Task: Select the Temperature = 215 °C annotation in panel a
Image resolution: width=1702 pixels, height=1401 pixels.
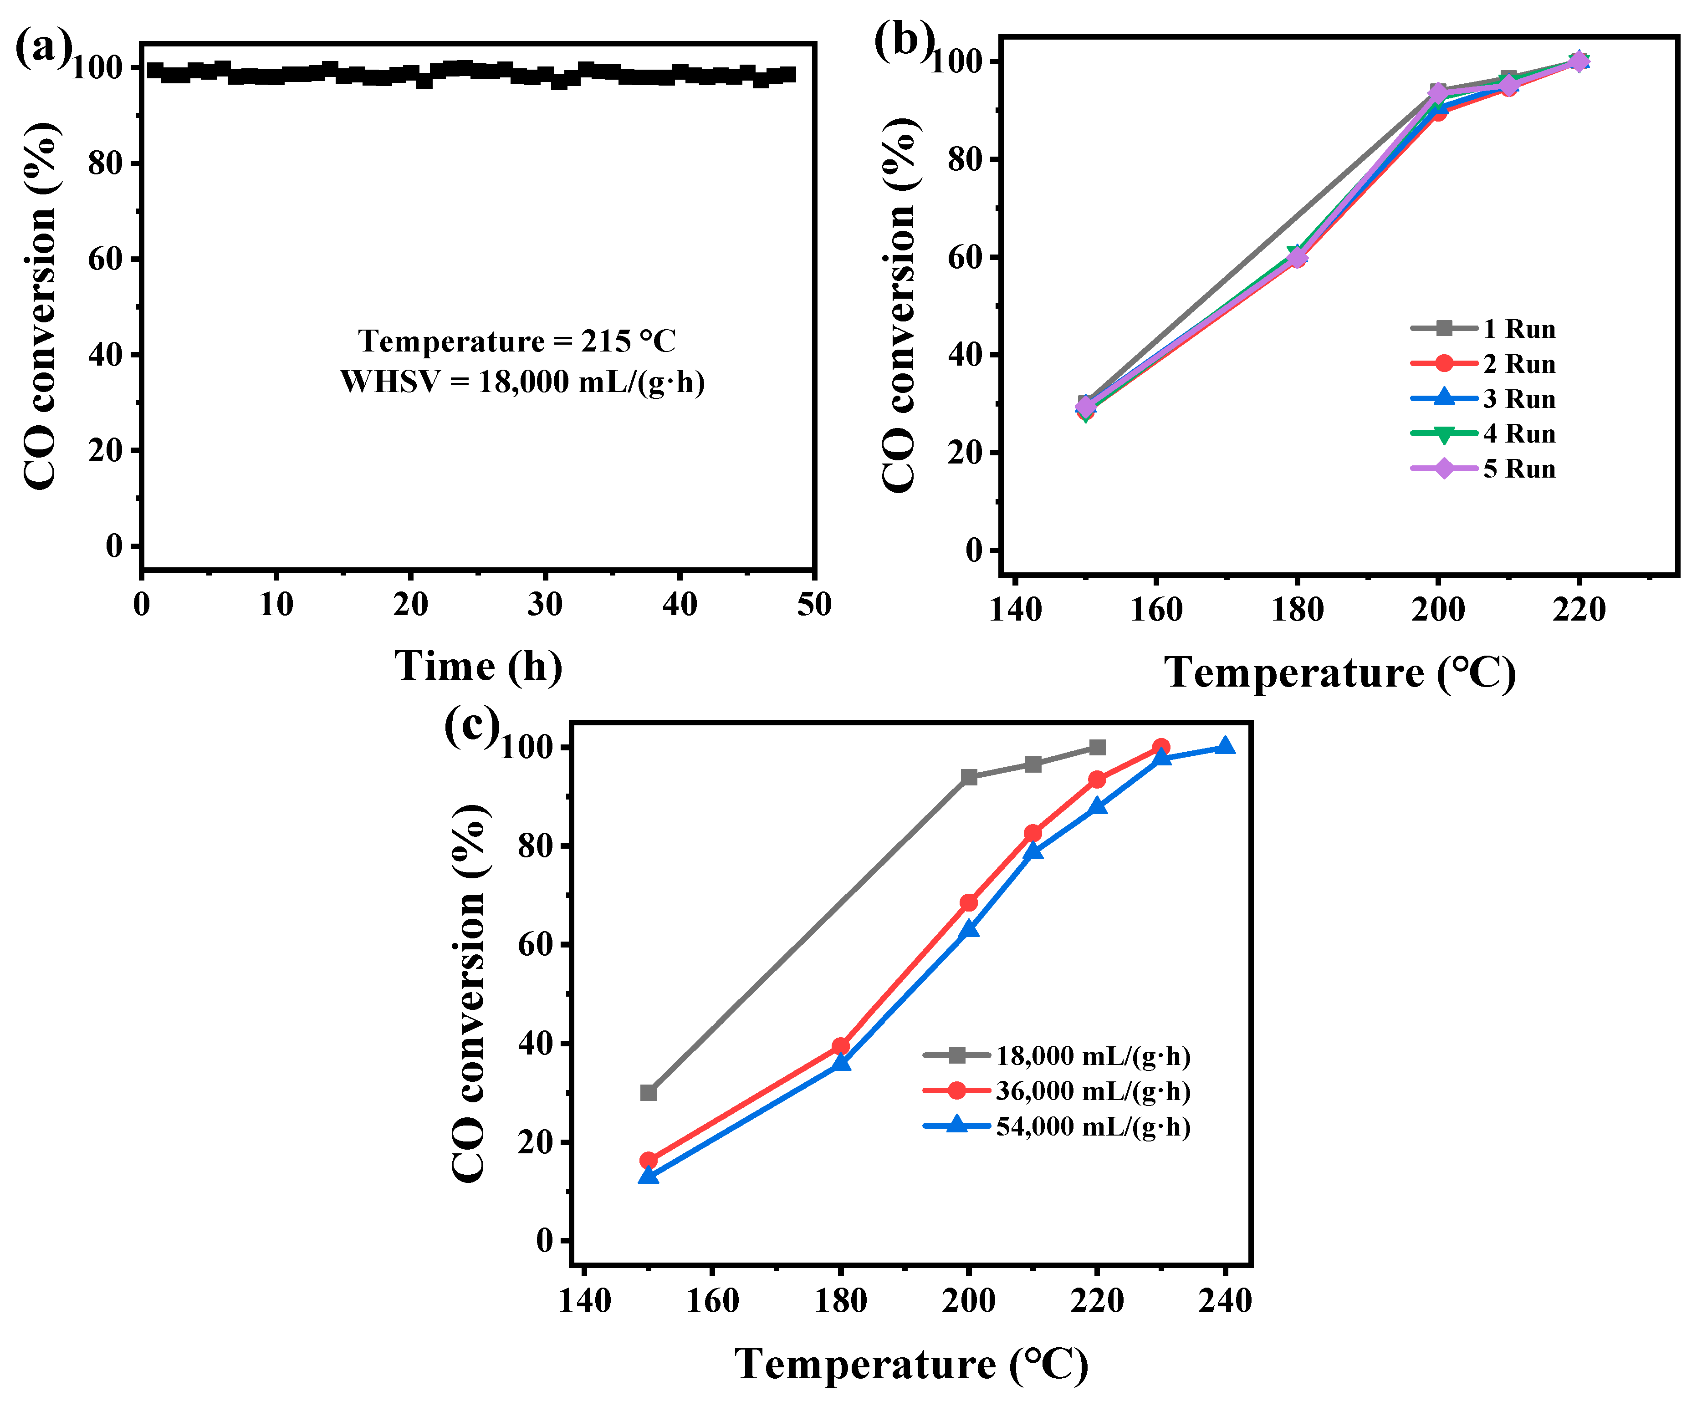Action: point(517,341)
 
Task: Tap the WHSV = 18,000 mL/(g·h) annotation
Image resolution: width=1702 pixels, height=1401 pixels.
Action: point(522,382)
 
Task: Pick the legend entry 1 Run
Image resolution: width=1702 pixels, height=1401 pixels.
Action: point(1518,329)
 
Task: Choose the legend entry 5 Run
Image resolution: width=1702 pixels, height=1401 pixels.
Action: point(1518,469)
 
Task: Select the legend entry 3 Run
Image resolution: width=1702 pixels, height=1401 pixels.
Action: point(1518,399)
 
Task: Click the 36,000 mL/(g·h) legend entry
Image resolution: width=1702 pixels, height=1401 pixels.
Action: point(1093,1091)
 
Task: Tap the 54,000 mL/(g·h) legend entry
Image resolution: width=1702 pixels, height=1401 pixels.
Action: point(1093,1126)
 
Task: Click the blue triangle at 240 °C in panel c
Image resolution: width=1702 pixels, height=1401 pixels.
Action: point(1225,746)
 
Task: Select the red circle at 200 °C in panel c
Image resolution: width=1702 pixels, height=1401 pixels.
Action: point(969,902)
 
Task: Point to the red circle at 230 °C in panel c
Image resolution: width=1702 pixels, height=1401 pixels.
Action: point(1161,747)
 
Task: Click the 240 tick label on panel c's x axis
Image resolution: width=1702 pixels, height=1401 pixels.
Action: point(1225,1301)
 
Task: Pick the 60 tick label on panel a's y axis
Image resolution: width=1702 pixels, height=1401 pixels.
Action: point(104,259)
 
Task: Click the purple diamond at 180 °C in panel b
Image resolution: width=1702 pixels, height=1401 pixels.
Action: point(1298,257)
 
